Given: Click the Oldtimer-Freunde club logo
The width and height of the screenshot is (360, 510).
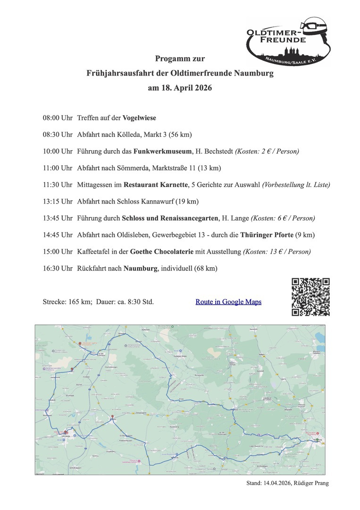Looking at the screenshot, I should pyautogui.click(x=288, y=42).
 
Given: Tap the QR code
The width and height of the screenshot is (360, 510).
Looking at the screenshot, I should pyautogui.click(x=310, y=297).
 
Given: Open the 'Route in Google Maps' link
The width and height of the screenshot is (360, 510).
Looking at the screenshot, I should pyautogui.click(x=228, y=302).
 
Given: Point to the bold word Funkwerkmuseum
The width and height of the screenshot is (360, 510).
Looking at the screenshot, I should pyautogui.click(x=163, y=151).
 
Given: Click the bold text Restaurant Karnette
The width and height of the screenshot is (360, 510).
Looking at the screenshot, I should pyautogui.click(x=154, y=185).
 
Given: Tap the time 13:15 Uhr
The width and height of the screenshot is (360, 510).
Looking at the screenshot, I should pyautogui.click(x=57, y=201).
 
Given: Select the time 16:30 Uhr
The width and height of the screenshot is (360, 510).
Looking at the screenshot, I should pyautogui.click(x=57, y=269).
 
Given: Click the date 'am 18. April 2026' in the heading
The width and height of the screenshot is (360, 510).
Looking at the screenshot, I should pyautogui.click(x=180, y=88).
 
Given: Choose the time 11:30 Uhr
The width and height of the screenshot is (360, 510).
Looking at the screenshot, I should pyautogui.click(x=57, y=185).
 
